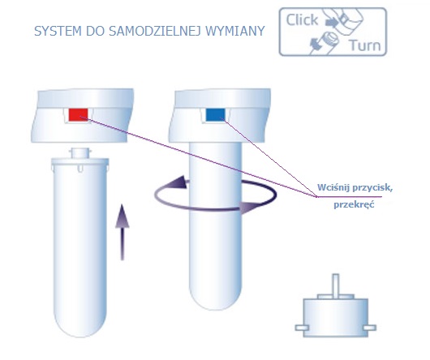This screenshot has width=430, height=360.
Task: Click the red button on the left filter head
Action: coord(78,114)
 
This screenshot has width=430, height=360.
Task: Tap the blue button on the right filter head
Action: coord(215,114)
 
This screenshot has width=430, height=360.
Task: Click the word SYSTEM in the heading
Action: coord(58,31)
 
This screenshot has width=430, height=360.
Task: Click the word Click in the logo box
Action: coord(302,20)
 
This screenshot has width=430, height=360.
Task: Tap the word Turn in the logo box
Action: coord(365,45)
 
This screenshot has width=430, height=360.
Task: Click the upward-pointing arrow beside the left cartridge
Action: coord(123,232)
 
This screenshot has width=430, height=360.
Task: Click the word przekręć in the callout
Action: coord(354,204)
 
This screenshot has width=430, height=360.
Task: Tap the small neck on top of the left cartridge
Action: coord(80,153)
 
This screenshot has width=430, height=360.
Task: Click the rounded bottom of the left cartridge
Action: coord(80,324)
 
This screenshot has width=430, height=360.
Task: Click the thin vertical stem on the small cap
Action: coord(335,285)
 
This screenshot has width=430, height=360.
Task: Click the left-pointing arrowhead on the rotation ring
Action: coord(178,182)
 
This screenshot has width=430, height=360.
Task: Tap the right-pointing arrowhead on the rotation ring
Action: coord(250,207)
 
